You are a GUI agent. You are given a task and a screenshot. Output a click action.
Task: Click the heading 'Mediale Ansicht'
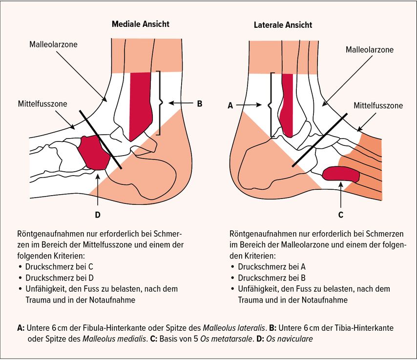pos(141,24)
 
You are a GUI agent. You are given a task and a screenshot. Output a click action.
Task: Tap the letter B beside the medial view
pos(199,103)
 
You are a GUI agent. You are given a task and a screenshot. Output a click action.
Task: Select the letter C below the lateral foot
pos(340,213)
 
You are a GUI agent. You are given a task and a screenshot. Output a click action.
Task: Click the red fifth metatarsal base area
pos(341,173)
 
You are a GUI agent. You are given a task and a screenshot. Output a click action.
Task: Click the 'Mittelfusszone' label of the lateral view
pos(378,105)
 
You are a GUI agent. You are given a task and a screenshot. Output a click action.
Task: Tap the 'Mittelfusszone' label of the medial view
pos(42,103)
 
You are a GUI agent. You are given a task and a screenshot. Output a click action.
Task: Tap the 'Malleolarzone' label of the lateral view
pos(369,50)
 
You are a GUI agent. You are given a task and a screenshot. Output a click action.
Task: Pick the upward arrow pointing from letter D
pos(99,190)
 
